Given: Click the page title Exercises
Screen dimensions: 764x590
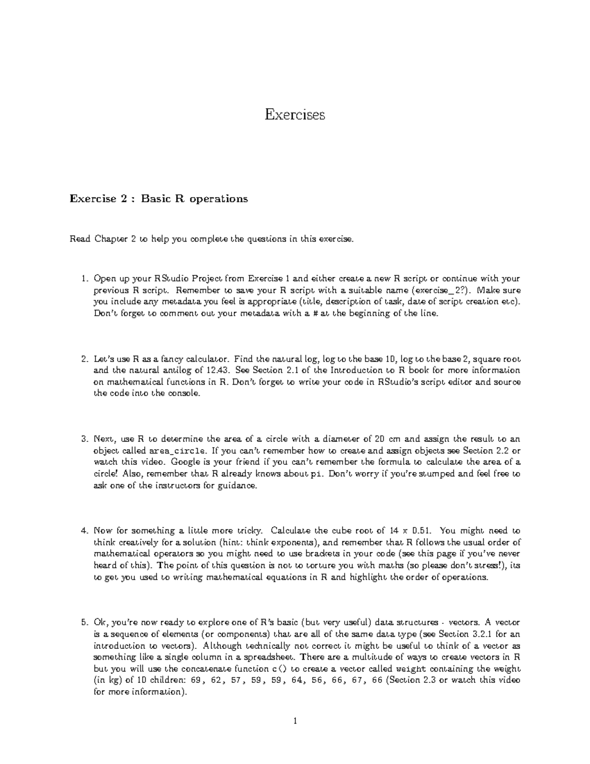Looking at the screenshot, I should [295, 115].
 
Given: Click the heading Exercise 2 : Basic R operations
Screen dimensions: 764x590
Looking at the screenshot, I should [159, 199].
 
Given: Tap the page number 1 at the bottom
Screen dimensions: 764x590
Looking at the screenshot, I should [295, 722].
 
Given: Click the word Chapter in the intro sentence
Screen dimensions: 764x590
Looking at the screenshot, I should [111, 240].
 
